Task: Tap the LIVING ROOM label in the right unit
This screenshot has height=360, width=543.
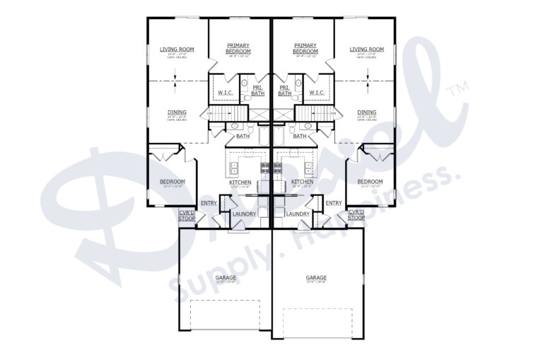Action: click(x=366, y=50)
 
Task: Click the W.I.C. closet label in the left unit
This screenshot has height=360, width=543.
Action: click(x=226, y=92)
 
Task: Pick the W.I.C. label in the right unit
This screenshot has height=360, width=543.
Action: click(x=317, y=92)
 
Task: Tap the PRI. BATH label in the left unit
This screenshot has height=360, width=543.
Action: click(x=258, y=91)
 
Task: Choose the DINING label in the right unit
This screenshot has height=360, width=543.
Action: click(x=366, y=112)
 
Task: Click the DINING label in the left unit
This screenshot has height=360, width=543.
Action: click(x=177, y=112)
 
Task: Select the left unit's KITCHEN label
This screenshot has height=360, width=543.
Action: click(x=240, y=182)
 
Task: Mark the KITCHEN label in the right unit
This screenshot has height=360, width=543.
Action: click(x=303, y=182)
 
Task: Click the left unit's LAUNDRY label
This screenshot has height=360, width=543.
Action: click(x=245, y=214)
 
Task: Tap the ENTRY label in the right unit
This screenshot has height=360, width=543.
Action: click(x=334, y=203)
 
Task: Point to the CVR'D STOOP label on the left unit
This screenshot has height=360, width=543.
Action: click(x=187, y=214)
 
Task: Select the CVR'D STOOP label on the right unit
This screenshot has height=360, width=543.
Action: click(x=356, y=214)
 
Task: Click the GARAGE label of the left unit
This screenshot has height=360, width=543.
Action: click(x=226, y=278)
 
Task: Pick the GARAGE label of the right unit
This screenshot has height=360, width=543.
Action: click(x=316, y=278)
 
